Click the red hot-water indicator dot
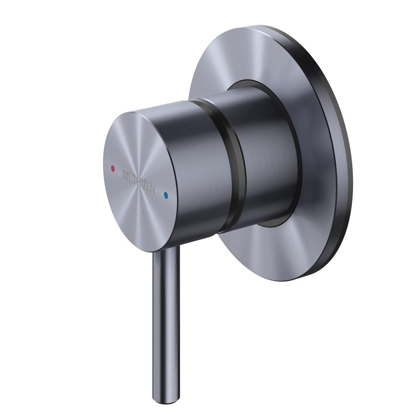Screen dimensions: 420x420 [x=112, y=169]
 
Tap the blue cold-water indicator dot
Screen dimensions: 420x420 [x=167, y=195]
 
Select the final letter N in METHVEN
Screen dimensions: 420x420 [x=152, y=189]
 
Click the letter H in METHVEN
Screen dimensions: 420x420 [x=139, y=181]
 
